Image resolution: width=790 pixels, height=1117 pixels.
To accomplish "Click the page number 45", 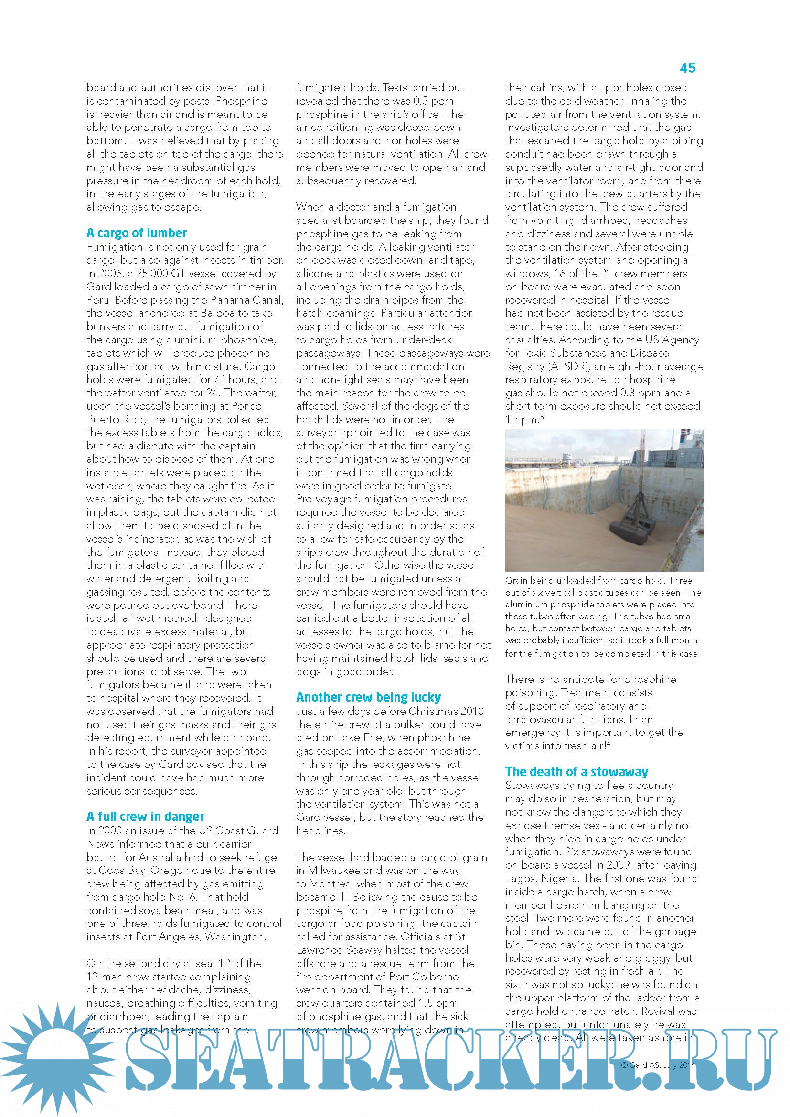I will click(x=687, y=68).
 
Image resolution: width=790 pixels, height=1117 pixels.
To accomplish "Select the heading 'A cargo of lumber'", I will click(x=136, y=233).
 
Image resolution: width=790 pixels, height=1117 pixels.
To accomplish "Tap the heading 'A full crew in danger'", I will click(x=145, y=816).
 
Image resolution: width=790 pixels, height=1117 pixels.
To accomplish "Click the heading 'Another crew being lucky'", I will click(x=368, y=697).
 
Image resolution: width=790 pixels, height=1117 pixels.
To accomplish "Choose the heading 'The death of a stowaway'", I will click(x=576, y=772).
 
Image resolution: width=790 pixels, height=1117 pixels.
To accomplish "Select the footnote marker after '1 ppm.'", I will click(x=542, y=417).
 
